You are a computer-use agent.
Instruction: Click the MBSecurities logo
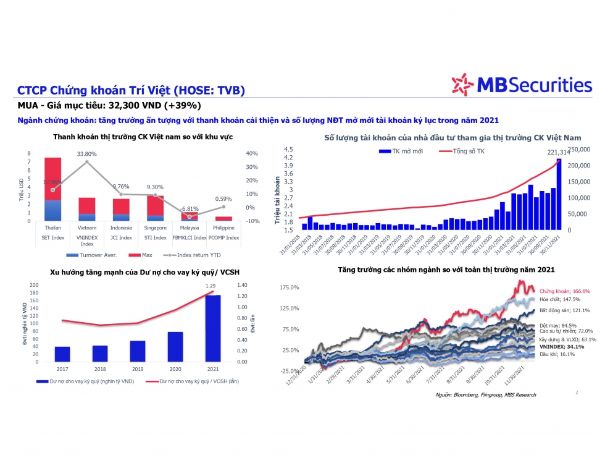(521, 85)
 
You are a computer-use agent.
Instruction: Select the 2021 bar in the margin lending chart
(212, 328)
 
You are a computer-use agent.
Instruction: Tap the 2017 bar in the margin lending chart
(62, 354)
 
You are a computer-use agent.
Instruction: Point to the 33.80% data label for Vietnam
(86, 153)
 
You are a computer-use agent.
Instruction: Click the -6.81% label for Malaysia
(190, 208)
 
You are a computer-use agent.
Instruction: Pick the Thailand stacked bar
(53, 189)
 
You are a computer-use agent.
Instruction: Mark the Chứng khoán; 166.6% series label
(564, 291)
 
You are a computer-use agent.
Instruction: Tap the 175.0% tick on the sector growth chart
(290, 287)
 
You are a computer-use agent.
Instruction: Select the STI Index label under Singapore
(155, 237)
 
